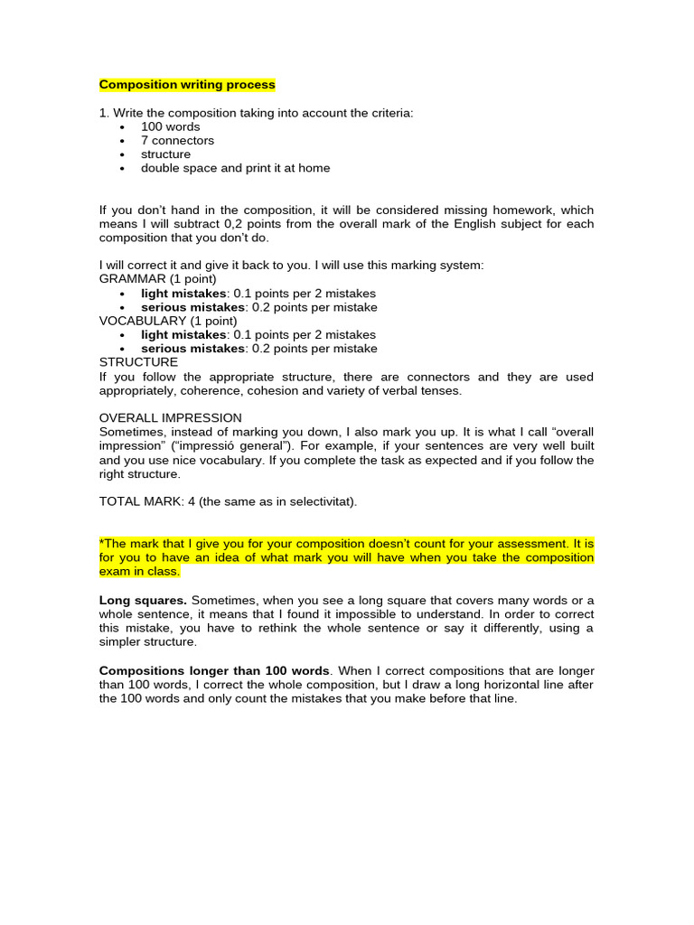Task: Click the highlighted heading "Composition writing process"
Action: (x=187, y=85)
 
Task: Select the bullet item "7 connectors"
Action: (x=177, y=141)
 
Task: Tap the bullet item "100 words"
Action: (x=170, y=127)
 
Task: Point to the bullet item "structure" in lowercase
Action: (x=165, y=154)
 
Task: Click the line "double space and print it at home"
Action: (x=235, y=168)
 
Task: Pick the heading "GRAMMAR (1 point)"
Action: (x=157, y=279)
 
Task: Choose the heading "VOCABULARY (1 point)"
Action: (x=168, y=321)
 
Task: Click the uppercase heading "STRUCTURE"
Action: (x=138, y=362)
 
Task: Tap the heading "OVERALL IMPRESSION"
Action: (x=170, y=418)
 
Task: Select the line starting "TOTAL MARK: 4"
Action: (x=228, y=501)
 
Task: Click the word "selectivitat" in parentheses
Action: (x=321, y=501)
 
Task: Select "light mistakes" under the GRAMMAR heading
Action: (x=183, y=294)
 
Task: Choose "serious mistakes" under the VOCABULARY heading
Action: (x=192, y=349)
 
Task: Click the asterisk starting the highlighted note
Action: (x=101, y=544)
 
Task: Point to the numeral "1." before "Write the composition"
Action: (x=104, y=113)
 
